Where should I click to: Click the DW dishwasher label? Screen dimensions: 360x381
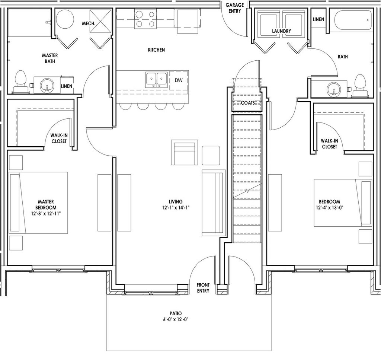(178, 80)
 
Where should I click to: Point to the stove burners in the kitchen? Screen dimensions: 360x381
(145, 19)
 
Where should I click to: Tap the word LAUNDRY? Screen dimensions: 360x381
(281, 31)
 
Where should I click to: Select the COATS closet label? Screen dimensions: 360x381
(247, 103)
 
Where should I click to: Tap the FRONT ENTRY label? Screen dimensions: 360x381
(203, 288)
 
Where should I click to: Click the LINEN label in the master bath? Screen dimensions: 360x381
(67, 86)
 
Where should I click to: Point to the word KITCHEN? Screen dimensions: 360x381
(156, 50)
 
